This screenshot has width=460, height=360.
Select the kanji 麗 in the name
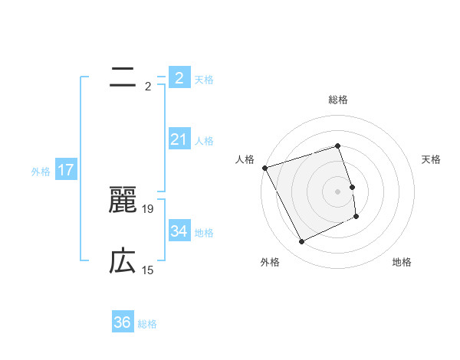click(x=123, y=200)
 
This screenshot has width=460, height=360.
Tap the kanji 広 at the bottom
click(x=123, y=262)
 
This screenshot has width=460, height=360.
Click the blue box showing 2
click(x=179, y=77)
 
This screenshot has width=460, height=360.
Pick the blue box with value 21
click(x=179, y=139)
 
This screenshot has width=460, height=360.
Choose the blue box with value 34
click(x=179, y=231)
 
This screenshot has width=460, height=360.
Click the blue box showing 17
click(x=66, y=170)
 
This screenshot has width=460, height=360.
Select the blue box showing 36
click(x=123, y=322)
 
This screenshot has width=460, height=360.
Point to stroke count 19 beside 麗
click(x=148, y=208)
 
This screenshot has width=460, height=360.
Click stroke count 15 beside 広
click(x=148, y=270)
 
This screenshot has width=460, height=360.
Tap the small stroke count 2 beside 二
click(x=148, y=86)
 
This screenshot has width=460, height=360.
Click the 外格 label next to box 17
click(x=41, y=172)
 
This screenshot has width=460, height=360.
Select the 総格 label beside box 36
click(x=147, y=324)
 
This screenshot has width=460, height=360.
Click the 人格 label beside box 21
click(x=204, y=141)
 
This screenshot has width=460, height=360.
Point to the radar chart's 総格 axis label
click(x=337, y=100)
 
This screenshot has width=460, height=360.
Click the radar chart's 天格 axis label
click(x=431, y=159)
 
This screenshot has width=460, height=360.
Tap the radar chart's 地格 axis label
click(x=402, y=262)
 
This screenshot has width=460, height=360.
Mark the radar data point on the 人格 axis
click(x=265, y=168)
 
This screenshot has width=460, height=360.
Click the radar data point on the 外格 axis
click(x=302, y=242)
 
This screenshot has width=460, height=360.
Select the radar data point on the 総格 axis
click(x=337, y=146)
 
